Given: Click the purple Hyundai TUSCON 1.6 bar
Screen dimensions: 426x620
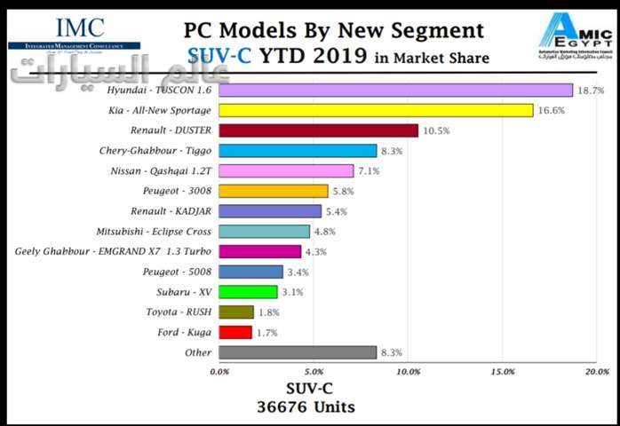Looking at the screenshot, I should pyautogui.click(x=395, y=90).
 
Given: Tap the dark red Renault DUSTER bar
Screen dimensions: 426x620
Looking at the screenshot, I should pyautogui.click(x=318, y=130).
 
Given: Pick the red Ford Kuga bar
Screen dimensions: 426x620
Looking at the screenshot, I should pyautogui.click(x=235, y=332).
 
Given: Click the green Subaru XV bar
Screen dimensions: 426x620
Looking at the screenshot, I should pyautogui.click(x=248, y=292).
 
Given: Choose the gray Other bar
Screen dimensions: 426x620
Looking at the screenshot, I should pyautogui.click(x=298, y=352).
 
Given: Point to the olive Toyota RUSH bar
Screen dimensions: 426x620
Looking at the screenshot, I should pyautogui.click(x=236, y=312).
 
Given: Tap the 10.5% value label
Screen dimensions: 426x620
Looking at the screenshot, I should pyautogui.click(x=436, y=130).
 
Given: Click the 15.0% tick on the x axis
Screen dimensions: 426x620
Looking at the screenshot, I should pyautogui.click(x=503, y=372).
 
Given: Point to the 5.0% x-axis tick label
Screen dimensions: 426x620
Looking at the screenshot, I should pyautogui.click(x=313, y=372).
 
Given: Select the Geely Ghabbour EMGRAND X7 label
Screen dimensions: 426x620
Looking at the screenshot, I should pyautogui.click(x=113, y=251).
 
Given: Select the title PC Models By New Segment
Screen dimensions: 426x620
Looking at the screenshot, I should pyautogui.click(x=334, y=30).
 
